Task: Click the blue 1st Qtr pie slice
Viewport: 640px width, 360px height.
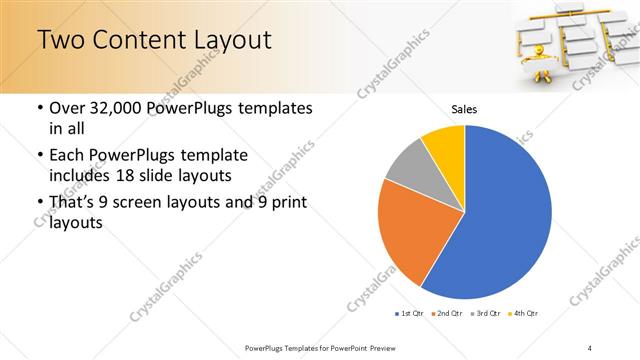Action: click(500, 215)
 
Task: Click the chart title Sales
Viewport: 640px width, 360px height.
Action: click(463, 108)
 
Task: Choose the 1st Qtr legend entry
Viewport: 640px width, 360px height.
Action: click(409, 314)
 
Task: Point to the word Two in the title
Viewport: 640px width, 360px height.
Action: click(62, 39)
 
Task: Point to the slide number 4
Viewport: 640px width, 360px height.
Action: click(589, 348)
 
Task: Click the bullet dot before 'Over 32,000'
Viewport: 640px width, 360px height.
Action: click(39, 108)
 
